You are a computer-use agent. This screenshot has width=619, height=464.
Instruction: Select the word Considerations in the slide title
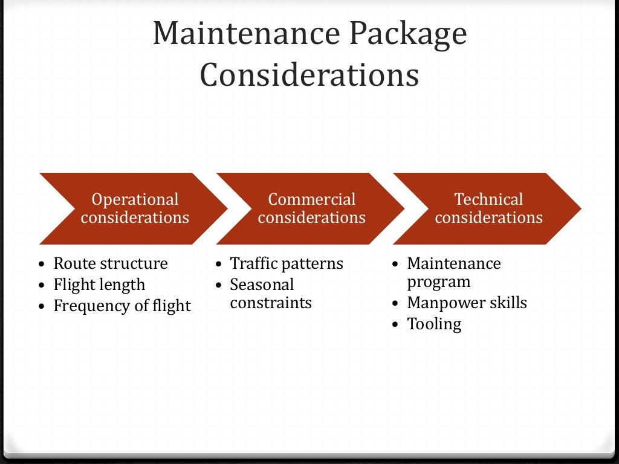[309, 76]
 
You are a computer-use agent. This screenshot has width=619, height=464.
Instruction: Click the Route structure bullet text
[110, 263]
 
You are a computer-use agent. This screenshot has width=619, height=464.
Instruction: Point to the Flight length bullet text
[99, 285]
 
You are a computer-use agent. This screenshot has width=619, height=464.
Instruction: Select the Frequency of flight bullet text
[122, 306]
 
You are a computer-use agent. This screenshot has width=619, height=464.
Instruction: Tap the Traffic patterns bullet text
[286, 263]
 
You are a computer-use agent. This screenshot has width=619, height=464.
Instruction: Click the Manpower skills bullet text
[467, 303]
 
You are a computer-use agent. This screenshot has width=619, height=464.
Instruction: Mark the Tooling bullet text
[434, 324]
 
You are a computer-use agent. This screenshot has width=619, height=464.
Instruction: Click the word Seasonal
[261, 285]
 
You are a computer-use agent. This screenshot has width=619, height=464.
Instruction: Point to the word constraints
[270, 303]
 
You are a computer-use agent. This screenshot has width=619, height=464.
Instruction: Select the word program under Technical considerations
[438, 282]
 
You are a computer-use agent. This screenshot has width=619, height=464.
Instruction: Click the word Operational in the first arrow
[135, 199]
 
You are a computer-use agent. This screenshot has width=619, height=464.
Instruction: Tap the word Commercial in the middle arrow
[311, 199]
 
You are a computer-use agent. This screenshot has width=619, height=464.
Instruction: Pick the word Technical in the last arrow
[488, 199]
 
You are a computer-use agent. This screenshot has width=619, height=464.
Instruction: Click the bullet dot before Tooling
[395, 325]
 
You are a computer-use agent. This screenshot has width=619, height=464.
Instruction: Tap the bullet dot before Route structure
[41, 265]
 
